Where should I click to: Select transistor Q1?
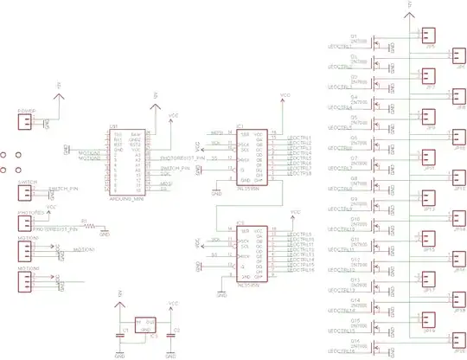(x=378, y=44)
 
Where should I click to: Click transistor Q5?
(x=378, y=125)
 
